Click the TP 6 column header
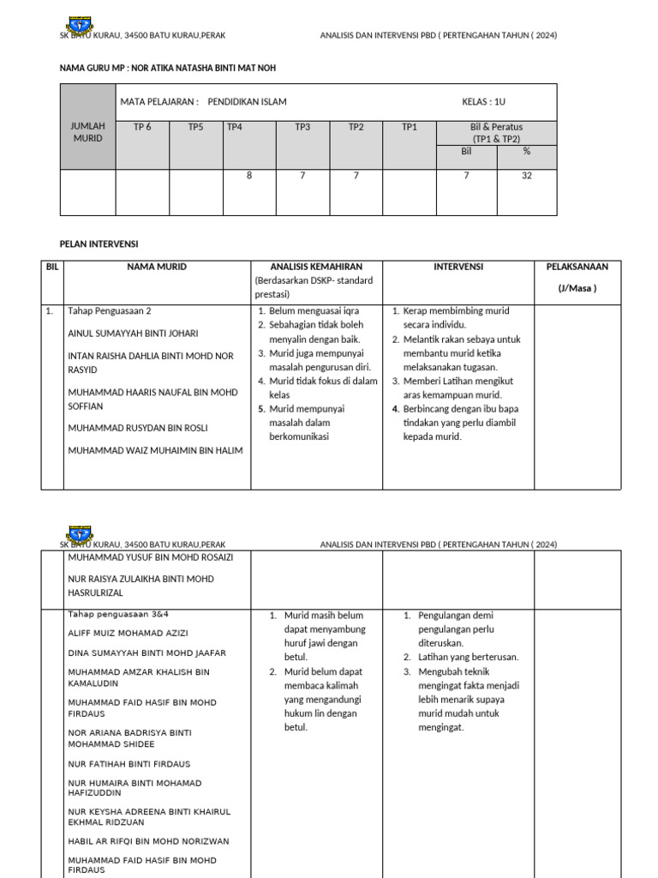click(142, 127)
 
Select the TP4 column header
click(235, 127)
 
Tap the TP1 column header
click(410, 127)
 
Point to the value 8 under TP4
click(249, 176)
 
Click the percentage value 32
click(527, 176)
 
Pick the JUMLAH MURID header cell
click(87, 132)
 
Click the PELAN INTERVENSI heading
click(99, 244)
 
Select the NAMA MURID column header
click(157, 267)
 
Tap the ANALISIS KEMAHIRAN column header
click(316, 267)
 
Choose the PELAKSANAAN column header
click(577, 267)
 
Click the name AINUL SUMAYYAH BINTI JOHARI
click(133, 334)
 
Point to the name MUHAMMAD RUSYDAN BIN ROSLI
click(138, 428)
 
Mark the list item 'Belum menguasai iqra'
click(315, 311)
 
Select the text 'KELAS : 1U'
click(484, 101)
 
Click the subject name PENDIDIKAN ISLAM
click(248, 101)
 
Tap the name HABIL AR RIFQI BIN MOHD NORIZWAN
click(149, 841)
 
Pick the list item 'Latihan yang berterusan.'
click(469, 657)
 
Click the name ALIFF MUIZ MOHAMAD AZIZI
click(129, 633)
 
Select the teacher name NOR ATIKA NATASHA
click(204, 68)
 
